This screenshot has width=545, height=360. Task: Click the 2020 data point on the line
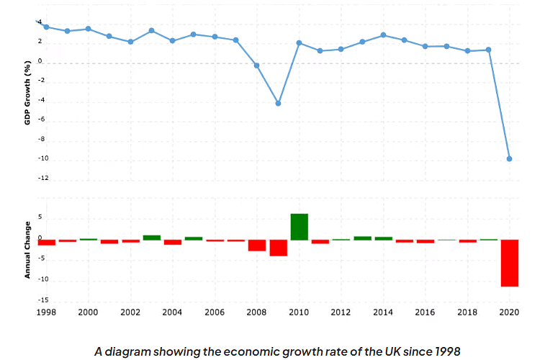[510, 158]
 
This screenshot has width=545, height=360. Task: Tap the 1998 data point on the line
[46, 27]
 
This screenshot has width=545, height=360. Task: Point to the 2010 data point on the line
[299, 43]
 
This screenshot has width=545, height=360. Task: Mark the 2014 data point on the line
[383, 35]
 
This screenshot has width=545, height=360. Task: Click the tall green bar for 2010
[299, 227]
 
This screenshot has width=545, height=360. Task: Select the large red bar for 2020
[510, 263]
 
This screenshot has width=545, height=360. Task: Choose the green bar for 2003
[152, 237]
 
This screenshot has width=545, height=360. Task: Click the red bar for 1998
[46, 243]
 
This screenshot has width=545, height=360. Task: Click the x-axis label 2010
[299, 313]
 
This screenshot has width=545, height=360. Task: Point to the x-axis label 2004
[173, 313]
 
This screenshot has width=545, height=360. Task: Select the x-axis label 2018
[467, 313]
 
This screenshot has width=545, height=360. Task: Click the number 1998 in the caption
[444, 351]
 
